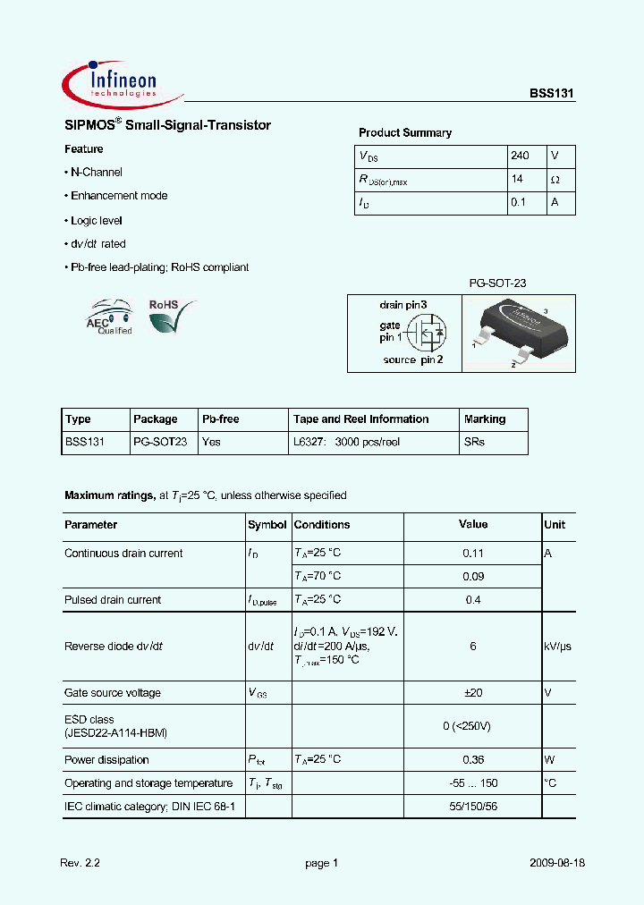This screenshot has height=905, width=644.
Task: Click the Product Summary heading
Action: [x=404, y=133]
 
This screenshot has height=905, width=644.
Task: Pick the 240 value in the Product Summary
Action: [x=520, y=156]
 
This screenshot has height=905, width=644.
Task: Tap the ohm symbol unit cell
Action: [x=555, y=180]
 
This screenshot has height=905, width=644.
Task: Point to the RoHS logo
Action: [x=171, y=317]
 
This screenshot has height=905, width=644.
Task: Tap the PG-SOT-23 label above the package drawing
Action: [x=497, y=283]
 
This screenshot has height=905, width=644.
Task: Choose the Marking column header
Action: [x=485, y=419]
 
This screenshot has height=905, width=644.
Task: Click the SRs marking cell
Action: [x=474, y=443]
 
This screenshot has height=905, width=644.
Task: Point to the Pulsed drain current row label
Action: [x=113, y=600]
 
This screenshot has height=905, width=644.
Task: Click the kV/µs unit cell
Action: [x=558, y=647]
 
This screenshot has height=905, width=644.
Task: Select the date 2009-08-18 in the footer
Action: [x=556, y=864]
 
